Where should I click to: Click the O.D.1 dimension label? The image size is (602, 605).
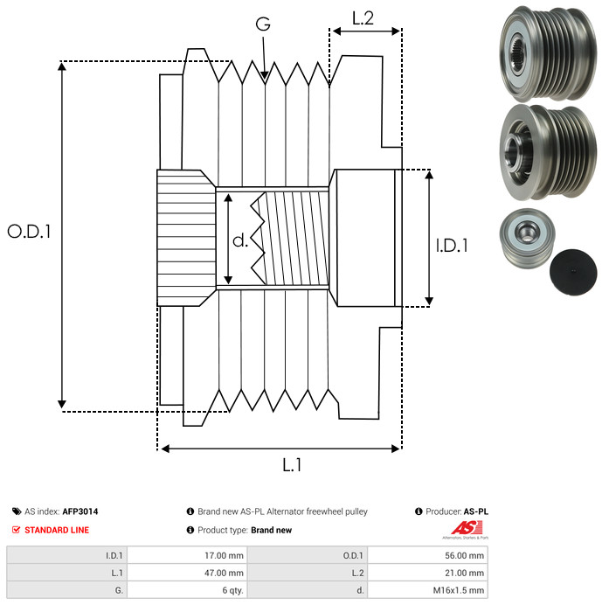pyautogui.click(x=30, y=232)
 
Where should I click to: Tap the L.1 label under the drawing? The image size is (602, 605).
pyautogui.click(x=292, y=465)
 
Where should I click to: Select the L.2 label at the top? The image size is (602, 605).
pyautogui.click(x=363, y=17)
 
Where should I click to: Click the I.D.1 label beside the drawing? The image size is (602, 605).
pyautogui.click(x=452, y=246)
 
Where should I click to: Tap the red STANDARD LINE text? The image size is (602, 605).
pyautogui.click(x=57, y=530)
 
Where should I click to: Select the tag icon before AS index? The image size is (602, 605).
pyautogui.click(x=17, y=511)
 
